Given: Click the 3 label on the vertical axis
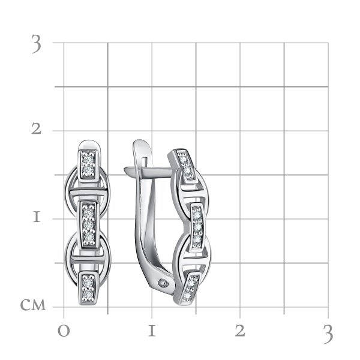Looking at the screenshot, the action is click(37, 44).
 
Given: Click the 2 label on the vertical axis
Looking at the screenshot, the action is click(37, 128).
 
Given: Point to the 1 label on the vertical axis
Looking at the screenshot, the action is click(37, 217).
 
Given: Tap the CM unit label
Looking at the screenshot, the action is click(33, 305).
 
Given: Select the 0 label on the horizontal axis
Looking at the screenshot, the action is click(64, 331).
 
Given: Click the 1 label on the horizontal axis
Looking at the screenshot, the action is click(152, 331).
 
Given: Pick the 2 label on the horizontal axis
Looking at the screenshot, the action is click(240, 331).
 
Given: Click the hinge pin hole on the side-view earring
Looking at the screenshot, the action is click(163, 282).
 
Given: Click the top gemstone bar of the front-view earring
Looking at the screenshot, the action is click(88, 164).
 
